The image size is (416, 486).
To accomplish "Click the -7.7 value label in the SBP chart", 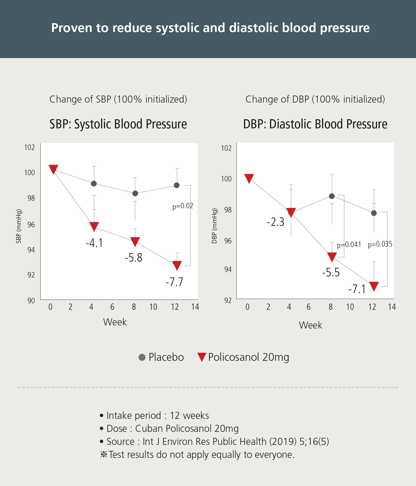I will tap(174, 282).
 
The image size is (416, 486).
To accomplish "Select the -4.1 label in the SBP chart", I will tap(94, 243).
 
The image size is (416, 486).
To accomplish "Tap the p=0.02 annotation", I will tap(183, 206).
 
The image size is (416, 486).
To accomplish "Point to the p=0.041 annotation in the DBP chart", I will tap(349, 245).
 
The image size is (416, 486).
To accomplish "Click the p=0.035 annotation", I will tap(380, 244).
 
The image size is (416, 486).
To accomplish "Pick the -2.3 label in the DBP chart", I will tap(276, 222).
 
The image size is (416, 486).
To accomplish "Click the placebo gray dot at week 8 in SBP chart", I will tap(135, 193).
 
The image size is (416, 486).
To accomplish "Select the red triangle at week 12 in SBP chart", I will tap(177, 265).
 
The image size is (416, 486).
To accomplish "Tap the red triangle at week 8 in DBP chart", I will tap(332, 257).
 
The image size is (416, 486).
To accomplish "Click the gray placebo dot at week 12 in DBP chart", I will tap(374, 213).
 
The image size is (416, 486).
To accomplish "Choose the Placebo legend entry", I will tap(161, 357).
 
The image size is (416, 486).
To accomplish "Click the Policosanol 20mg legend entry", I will tap(243, 357).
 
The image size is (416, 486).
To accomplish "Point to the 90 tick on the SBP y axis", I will tap(31, 301).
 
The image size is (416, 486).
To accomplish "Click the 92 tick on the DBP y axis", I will tap(228, 300).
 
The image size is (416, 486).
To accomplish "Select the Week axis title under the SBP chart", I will tap(115, 322).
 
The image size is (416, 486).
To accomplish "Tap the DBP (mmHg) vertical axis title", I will tap(214, 226).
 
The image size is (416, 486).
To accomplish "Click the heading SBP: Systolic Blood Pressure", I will tap(118, 124).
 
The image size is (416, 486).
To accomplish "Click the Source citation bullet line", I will tap(214, 441).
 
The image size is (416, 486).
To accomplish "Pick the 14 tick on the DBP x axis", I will tap(392, 307).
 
